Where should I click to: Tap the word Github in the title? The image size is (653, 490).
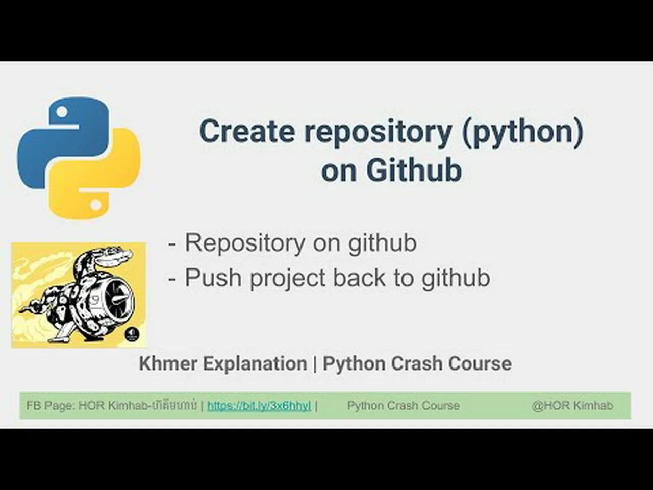point(414,170)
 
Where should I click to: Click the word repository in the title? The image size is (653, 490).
point(378,132)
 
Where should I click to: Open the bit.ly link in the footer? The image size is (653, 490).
point(259,406)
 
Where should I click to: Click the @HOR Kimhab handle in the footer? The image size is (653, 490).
point(572,406)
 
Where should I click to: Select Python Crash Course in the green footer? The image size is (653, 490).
point(403,406)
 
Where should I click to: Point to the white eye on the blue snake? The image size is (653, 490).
point(62,112)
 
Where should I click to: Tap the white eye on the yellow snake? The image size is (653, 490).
point(95,205)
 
